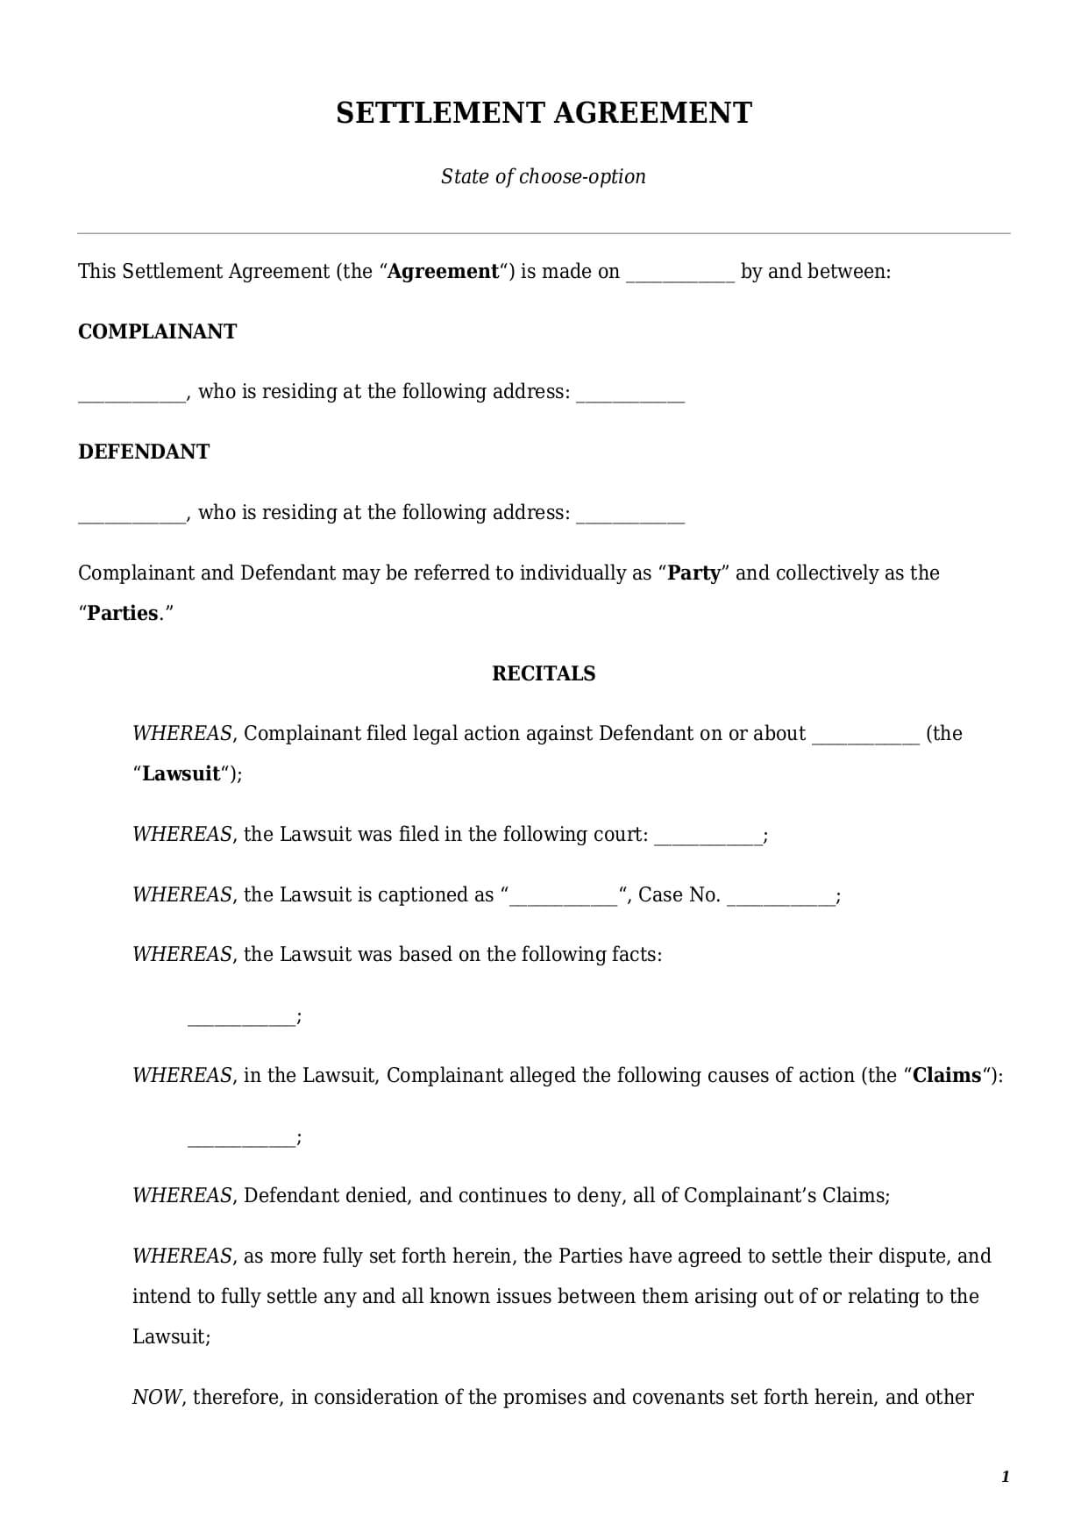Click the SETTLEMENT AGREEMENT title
(544, 113)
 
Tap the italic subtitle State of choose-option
(544, 176)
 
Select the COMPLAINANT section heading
(157, 331)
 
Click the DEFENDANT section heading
(144, 452)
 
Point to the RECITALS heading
(544, 673)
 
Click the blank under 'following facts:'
(241, 1020)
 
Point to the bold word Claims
(946, 1075)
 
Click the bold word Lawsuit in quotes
(181, 773)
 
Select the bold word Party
(694, 573)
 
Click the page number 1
(1005, 1477)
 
